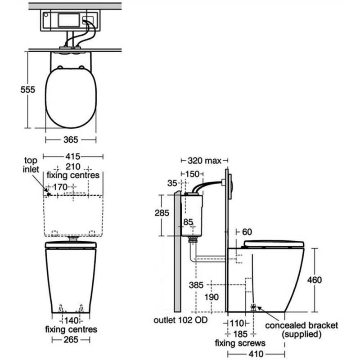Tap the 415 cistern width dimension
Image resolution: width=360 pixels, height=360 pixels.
tap(73, 157)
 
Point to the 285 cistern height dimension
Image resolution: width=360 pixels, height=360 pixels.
tap(161, 213)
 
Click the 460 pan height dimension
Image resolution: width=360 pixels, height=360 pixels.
tap(315, 280)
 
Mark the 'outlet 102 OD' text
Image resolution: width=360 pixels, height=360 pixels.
tap(178, 321)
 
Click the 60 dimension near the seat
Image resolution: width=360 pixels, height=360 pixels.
tap(247, 232)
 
